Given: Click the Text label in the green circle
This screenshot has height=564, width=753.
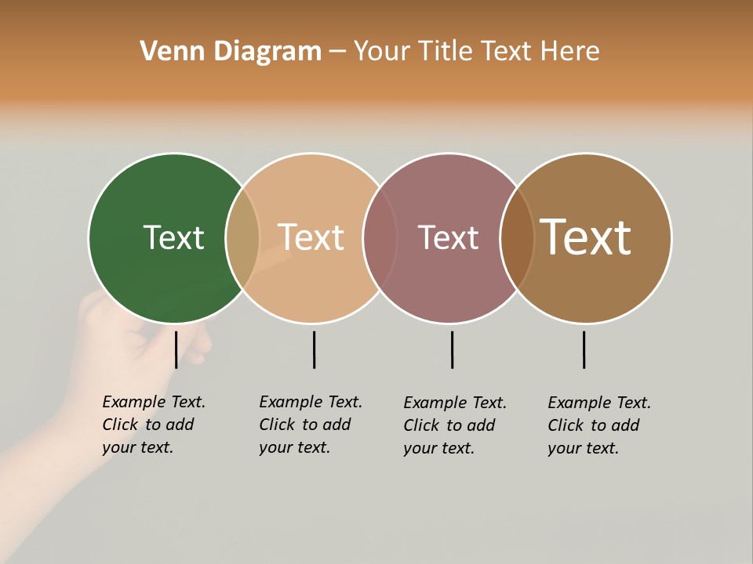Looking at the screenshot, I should [173, 237].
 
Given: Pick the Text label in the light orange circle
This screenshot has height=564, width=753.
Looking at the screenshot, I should [311, 237].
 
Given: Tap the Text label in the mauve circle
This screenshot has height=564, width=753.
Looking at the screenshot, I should [448, 237].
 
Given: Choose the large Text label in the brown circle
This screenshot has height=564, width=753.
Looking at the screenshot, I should [586, 237].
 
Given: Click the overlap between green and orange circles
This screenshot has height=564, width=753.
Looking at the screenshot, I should [242, 238].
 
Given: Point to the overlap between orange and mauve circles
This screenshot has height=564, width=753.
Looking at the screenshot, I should [380, 238].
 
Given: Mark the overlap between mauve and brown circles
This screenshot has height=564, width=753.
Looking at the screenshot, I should [517, 238].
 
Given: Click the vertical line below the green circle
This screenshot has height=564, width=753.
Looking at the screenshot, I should [176, 349].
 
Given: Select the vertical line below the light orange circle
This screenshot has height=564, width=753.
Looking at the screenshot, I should [314, 349].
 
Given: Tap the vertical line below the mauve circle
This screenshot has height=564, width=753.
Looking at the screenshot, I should [452, 349].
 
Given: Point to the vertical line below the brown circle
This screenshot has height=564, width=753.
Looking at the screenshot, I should [584, 349].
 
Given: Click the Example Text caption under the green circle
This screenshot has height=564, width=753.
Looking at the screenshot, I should [153, 425].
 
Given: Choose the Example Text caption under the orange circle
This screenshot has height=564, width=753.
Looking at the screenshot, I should [310, 425].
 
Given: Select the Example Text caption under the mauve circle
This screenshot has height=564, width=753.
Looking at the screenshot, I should [454, 425].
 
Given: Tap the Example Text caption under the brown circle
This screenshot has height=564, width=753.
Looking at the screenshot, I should [598, 425].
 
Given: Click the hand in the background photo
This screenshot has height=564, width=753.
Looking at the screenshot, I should [118, 352].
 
